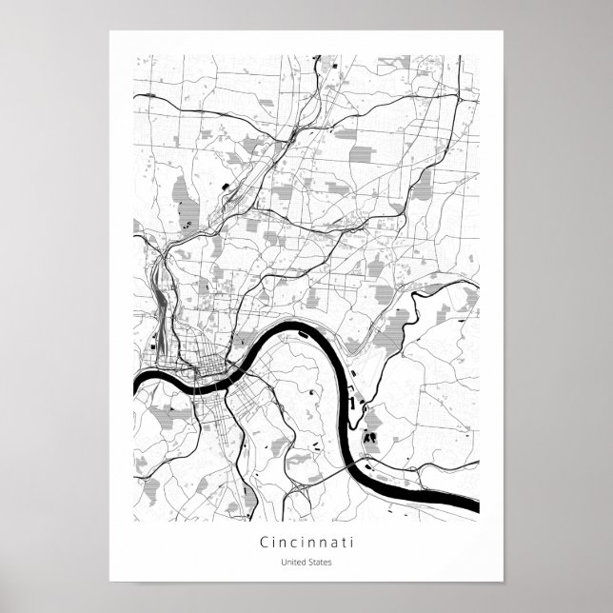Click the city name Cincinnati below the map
306,543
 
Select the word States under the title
320,562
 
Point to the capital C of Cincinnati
263,543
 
